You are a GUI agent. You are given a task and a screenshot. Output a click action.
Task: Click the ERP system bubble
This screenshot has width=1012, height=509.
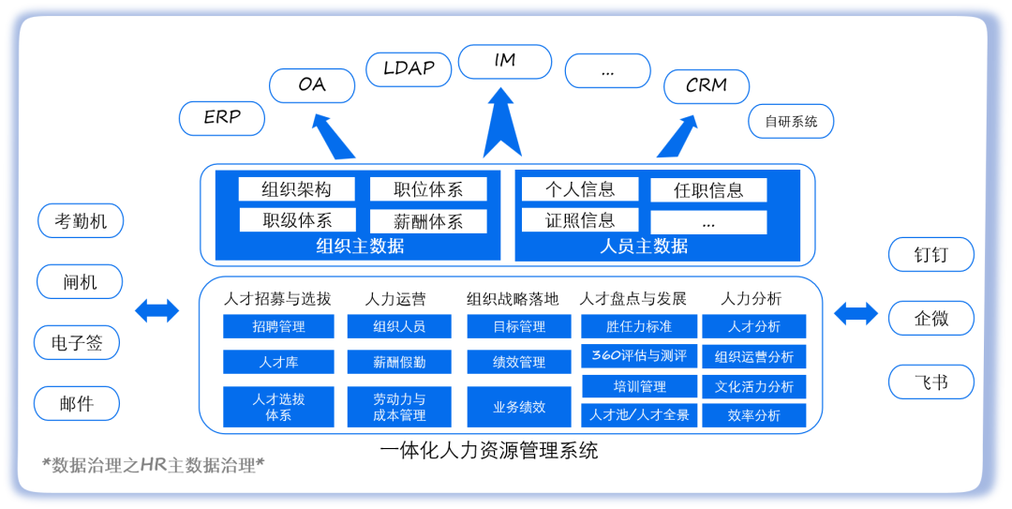(x=222, y=118)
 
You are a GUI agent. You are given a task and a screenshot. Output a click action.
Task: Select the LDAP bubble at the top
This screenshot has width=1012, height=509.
(x=409, y=68)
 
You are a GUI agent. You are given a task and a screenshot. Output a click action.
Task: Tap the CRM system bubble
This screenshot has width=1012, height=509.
(x=707, y=86)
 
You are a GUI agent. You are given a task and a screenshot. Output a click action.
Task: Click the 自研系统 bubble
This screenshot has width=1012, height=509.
(x=791, y=121)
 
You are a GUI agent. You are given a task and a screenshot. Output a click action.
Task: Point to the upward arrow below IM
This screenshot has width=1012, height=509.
(x=501, y=122)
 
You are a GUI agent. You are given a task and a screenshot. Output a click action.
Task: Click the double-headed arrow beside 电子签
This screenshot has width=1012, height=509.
(x=157, y=310)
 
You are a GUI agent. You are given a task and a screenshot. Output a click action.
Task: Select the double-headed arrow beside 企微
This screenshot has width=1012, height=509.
(x=856, y=314)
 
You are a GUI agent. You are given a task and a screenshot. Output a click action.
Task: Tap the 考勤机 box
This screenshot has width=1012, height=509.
(x=81, y=221)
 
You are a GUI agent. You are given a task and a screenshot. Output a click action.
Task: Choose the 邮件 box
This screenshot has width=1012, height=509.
(x=77, y=404)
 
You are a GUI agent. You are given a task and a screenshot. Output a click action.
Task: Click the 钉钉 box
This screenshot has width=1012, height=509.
(x=931, y=254)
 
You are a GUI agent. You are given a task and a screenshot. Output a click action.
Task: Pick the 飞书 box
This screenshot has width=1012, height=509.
(x=931, y=382)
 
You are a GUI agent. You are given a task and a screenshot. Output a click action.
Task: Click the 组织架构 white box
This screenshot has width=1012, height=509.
(x=296, y=189)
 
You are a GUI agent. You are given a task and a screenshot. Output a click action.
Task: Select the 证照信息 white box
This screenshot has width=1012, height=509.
(x=580, y=221)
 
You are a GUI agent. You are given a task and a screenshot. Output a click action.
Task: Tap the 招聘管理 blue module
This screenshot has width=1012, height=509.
(x=278, y=327)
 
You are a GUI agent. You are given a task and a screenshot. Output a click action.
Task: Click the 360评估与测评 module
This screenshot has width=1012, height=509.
(x=639, y=356)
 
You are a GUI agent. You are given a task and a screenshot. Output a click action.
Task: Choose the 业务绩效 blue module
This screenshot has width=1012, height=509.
(x=519, y=408)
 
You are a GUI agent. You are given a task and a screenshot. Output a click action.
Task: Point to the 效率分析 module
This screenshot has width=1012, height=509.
(x=754, y=415)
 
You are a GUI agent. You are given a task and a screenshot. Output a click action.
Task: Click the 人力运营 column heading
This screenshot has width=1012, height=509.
(x=395, y=299)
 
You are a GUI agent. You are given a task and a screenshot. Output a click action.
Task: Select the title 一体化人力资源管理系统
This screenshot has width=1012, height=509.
(x=489, y=451)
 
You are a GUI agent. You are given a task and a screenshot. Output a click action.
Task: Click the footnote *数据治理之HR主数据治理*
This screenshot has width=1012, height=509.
(x=154, y=466)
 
